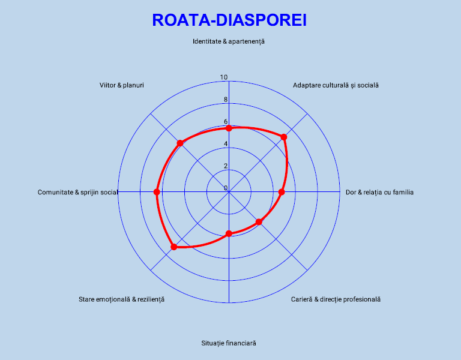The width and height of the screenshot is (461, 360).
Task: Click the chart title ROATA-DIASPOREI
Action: point(229,20)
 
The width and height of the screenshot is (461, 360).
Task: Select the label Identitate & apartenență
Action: point(229,41)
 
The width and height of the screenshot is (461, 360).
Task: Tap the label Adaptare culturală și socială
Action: point(336,85)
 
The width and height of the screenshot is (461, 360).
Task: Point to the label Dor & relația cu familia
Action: point(379,193)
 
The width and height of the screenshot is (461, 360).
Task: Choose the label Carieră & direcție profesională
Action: point(336,299)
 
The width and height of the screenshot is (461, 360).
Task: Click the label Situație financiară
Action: point(229,343)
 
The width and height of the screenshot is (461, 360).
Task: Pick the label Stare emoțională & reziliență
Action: point(122,299)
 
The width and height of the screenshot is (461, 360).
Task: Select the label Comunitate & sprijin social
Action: point(77,193)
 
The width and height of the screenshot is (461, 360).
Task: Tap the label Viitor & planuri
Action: point(122,85)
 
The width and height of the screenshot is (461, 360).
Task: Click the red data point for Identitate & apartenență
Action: point(229,128)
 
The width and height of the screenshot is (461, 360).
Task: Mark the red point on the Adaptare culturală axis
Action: point(284,137)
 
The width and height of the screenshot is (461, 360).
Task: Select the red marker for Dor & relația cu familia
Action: point(282,192)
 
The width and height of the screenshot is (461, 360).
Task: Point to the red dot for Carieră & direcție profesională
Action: point(259,222)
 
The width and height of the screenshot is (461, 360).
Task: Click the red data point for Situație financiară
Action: point(229,233)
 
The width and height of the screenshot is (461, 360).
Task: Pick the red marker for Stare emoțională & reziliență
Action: point(174,247)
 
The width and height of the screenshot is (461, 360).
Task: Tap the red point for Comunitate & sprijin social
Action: point(157,192)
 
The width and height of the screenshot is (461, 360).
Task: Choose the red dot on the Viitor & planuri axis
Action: point(179,143)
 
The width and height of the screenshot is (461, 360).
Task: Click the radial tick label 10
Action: point(224,77)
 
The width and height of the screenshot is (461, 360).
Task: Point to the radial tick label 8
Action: point(226,100)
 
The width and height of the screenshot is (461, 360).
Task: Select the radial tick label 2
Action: point(226,166)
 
